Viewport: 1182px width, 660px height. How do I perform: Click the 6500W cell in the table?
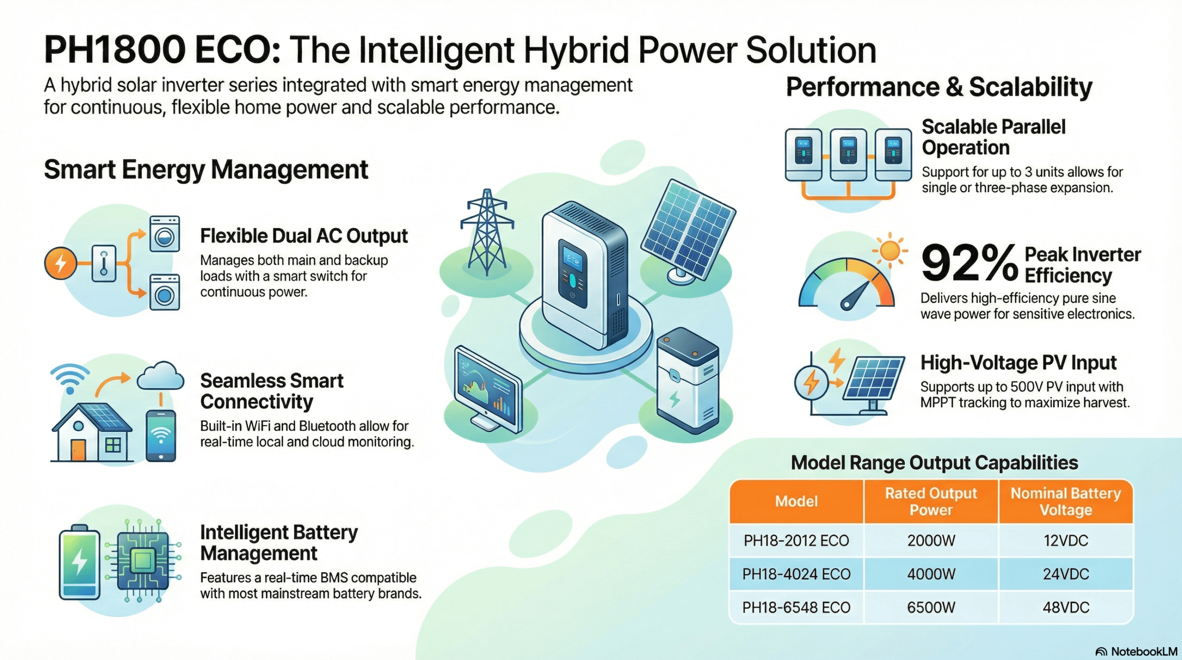(x=931, y=607)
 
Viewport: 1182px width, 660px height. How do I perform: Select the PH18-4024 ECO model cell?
(x=796, y=574)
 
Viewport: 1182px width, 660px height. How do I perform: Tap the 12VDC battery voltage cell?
(x=1066, y=540)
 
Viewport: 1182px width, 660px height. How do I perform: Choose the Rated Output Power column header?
(x=931, y=502)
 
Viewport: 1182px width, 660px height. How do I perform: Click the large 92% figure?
(x=970, y=263)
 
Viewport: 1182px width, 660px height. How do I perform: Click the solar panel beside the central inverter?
(x=687, y=231)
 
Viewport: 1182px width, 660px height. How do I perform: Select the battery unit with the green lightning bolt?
(x=687, y=381)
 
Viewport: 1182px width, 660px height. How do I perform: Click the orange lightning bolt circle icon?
(x=60, y=264)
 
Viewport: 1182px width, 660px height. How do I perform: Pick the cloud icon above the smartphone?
(x=161, y=375)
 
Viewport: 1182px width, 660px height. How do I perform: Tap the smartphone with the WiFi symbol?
(x=161, y=436)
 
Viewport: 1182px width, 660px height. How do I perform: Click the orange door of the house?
(x=78, y=450)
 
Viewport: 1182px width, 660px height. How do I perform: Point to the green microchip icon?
(x=142, y=561)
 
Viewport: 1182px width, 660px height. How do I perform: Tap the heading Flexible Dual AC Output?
(x=304, y=236)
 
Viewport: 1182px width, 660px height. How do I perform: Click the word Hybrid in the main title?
(x=576, y=51)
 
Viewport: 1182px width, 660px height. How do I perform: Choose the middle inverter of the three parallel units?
(x=848, y=154)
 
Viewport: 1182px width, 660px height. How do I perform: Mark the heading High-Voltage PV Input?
(x=1019, y=363)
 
